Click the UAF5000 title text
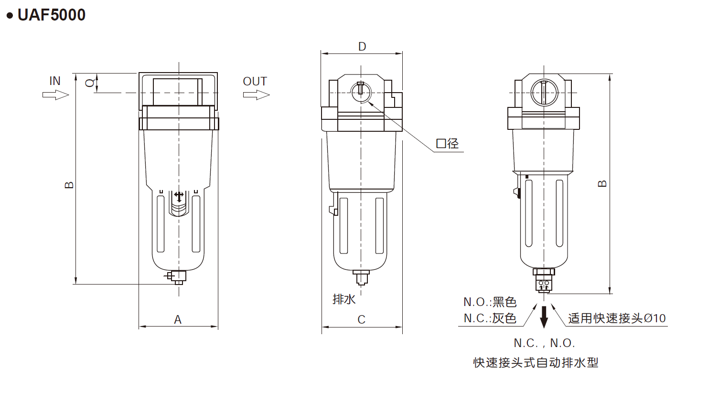tap(51, 15)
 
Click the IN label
tap(55, 81)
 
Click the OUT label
tap(255, 82)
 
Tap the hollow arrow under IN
tap(56, 95)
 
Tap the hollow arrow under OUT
tap(256, 95)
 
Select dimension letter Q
tap(89, 83)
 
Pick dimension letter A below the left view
tap(178, 320)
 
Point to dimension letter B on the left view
tap(69, 185)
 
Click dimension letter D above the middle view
tap(362, 47)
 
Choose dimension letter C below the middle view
tap(362, 320)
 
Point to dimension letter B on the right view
tap(602, 184)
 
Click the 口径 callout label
tap(447, 144)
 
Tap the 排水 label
tap(344, 299)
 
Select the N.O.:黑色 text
tap(490, 302)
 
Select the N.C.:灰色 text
tap(490, 318)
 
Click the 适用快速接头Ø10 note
tap(616, 318)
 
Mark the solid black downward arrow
tap(544, 317)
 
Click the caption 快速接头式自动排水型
tap(536, 363)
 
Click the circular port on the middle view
tap(361, 92)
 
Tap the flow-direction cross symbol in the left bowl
tap(179, 196)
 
